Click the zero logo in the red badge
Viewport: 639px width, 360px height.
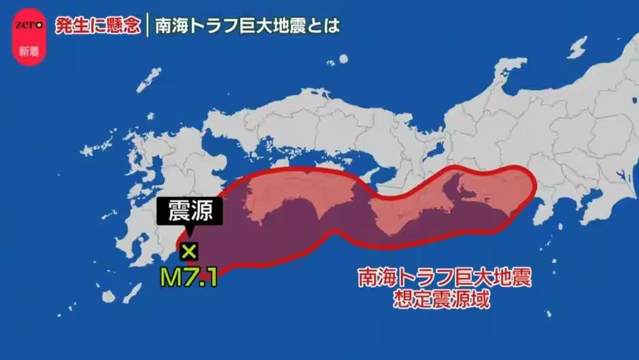[28, 25]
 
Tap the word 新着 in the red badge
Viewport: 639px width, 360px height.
[28, 51]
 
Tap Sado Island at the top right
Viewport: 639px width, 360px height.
[577, 48]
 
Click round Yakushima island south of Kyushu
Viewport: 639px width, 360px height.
[108, 297]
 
